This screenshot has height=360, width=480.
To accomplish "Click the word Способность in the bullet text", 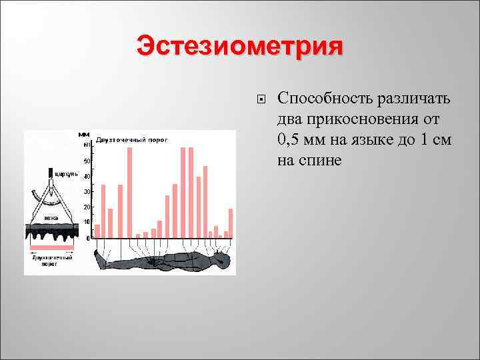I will pyautogui.click(x=321, y=99).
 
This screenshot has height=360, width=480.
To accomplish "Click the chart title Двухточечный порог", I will pyautogui.click(x=131, y=140).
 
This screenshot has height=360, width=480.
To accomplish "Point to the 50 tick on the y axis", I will pyautogui.click(x=87, y=161).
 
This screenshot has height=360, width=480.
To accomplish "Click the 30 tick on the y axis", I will pyautogui.click(x=87, y=192).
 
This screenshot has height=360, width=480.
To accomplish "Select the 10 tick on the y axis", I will pyautogui.click(x=87, y=222).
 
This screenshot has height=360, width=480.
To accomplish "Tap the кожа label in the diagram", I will pyautogui.click(x=51, y=218).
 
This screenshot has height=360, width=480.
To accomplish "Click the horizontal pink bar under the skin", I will pyautogui.click(x=51, y=247).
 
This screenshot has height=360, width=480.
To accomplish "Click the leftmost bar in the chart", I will pyautogui.click(x=97, y=231).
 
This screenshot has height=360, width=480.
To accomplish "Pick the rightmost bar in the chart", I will pyautogui.click(x=231, y=223).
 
